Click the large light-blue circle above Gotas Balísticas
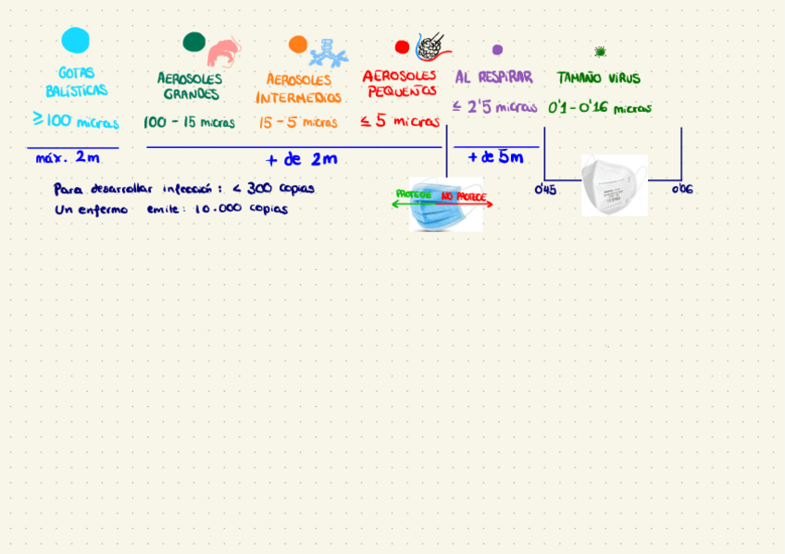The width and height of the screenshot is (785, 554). click(75, 41)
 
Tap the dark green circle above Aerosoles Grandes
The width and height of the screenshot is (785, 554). click(193, 42)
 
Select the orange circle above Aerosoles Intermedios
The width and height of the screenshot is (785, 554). click(297, 44)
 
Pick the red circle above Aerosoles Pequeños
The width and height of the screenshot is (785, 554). click(402, 47)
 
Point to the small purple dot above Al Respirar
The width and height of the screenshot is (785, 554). click(497, 50)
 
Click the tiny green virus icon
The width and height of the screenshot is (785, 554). click(600, 52)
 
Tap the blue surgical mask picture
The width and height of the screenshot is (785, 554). click(446, 205)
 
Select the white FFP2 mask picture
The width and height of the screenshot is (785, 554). click(614, 185)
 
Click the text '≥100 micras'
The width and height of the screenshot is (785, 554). click(76, 121)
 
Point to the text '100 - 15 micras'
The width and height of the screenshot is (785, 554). click(189, 122)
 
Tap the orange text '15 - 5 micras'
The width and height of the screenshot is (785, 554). click(297, 122)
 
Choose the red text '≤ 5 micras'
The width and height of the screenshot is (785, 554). click(400, 121)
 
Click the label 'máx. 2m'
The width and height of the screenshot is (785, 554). click(68, 158)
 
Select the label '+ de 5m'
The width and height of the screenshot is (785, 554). click(495, 157)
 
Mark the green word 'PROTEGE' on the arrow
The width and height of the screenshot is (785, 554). click(413, 194)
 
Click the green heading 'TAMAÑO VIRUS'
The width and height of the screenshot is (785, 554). click(598, 79)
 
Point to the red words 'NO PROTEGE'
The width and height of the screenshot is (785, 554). click(463, 197)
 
